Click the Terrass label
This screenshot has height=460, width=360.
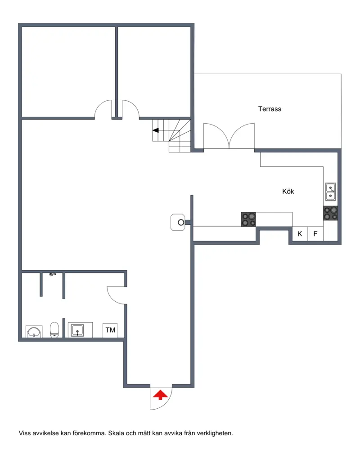click(x=270, y=109)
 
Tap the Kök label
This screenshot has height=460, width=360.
click(x=288, y=191)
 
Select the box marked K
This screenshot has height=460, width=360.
click(x=300, y=234)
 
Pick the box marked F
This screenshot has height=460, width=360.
click(x=315, y=234)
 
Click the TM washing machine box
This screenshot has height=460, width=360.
click(x=110, y=330)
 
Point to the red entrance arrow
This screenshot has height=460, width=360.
click(x=160, y=395)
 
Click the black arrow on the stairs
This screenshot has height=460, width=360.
click(x=156, y=130)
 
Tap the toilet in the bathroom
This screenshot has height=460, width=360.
click(x=54, y=330)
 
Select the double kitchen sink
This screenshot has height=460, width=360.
click(x=330, y=192)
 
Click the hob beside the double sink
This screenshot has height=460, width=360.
click(x=330, y=213)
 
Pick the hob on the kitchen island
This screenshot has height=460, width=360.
click(x=248, y=219)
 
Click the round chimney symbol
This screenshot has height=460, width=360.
click(x=181, y=223)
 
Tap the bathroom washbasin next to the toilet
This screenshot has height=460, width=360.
click(x=34, y=331)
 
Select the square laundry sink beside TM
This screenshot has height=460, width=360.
click(x=77, y=330)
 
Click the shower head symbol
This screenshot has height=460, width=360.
click(x=52, y=274)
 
